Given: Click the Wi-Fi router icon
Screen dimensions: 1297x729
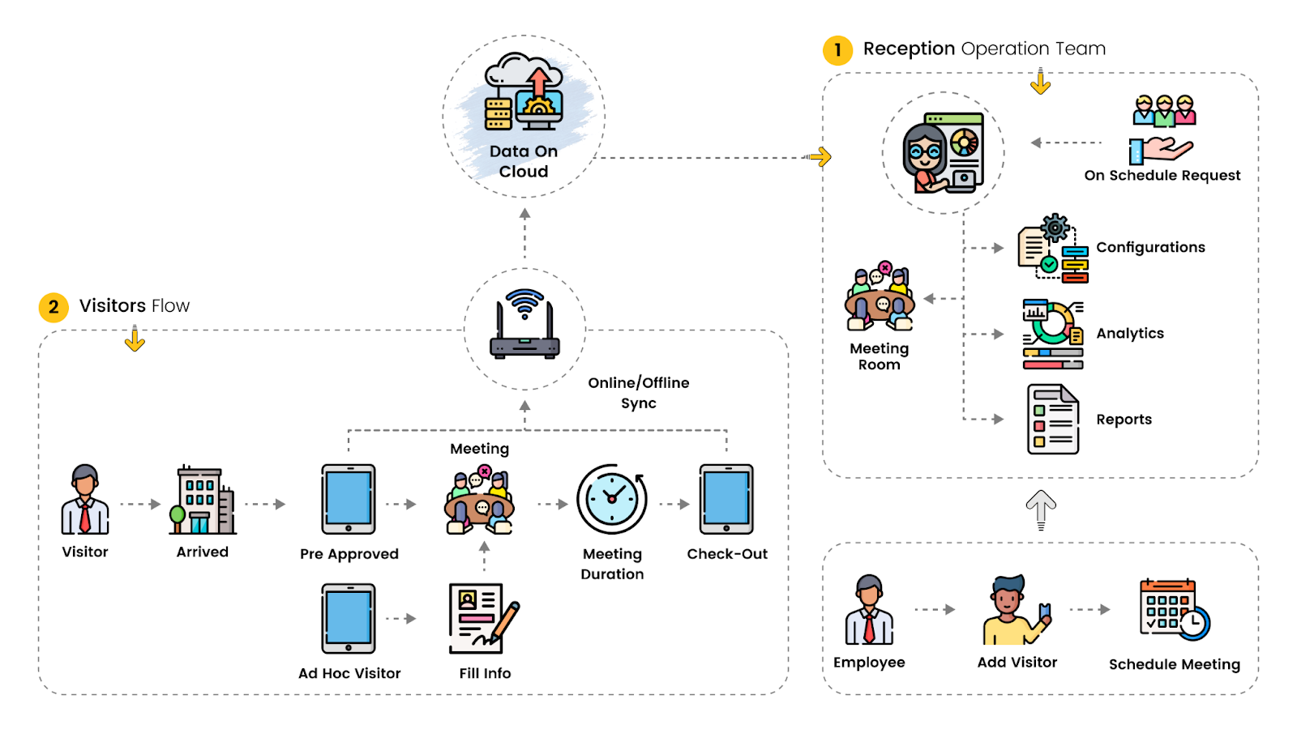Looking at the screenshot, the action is [524, 324].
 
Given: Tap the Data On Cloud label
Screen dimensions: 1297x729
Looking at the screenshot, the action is [524, 161].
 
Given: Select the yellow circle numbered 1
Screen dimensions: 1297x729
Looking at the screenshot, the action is [837, 50].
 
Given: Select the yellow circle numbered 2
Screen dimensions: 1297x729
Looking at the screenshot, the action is [54, 307].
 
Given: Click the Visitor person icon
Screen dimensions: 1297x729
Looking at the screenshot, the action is [84, 499].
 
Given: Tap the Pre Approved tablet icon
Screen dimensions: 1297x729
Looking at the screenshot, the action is [349, 499].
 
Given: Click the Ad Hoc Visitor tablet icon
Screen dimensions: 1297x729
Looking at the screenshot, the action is [349, 619].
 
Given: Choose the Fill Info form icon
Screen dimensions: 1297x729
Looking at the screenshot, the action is [484, 619].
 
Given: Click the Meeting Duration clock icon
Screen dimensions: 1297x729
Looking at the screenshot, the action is [611, 499].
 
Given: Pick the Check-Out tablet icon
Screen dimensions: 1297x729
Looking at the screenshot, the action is [726, 499].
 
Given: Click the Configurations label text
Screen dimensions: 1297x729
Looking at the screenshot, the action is [1150, 248].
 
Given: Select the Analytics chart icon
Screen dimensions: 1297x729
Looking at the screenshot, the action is [1053, 334].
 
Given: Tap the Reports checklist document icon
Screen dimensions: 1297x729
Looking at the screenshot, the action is [1053, 420].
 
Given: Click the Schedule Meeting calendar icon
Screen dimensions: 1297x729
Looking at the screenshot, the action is [1175, 609].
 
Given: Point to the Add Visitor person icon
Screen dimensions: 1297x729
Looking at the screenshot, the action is [1017, 610].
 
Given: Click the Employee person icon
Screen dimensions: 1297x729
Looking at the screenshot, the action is [869, 610].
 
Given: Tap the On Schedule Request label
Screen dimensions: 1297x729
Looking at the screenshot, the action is [1162, 175].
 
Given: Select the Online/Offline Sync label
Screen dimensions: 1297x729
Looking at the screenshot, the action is [639, 393].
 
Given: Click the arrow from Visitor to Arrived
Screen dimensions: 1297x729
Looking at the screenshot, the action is [140, 504].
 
